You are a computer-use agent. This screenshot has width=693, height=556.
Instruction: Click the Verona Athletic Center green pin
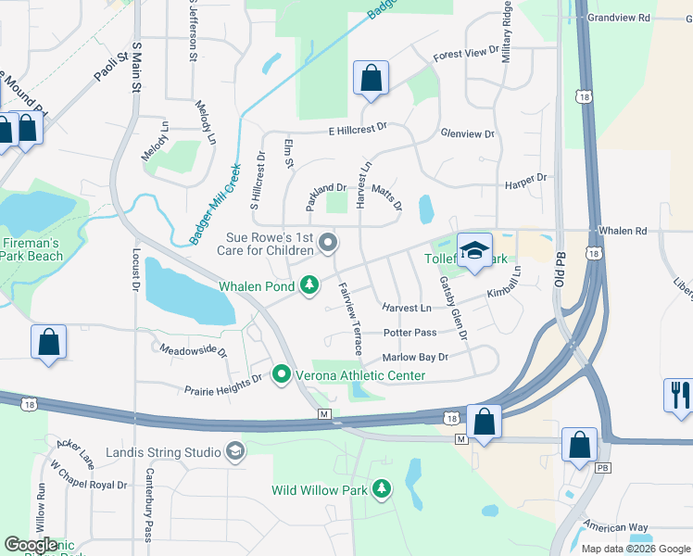[283, 374]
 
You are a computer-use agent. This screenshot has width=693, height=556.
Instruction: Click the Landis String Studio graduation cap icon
[234, 451]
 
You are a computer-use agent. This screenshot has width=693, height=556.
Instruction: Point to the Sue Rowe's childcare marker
[327, 243]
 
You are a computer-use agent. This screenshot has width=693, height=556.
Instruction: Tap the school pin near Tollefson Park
[474, 251]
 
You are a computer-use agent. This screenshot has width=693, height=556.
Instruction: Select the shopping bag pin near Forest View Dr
[371, 80]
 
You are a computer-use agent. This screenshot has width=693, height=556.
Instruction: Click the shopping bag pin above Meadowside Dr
[48, 342]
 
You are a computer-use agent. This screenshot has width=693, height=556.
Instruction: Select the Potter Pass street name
[409, 332]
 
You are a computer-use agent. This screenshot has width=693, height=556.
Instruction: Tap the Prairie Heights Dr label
[223, 385]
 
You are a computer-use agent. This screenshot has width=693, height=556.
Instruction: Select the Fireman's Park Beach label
[30, 249]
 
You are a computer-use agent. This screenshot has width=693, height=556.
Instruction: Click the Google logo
[31, 545]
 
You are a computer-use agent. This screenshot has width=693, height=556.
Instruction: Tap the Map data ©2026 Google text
[635, 548]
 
